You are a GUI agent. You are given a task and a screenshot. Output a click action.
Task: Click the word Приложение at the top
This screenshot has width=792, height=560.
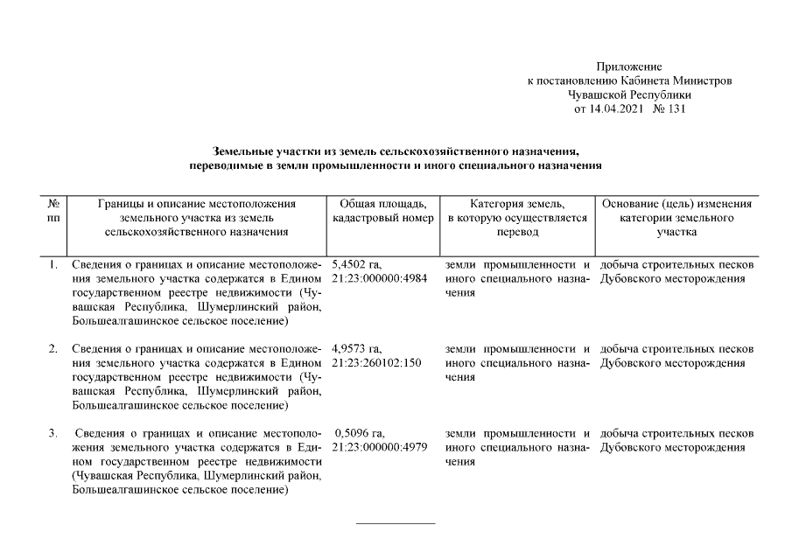coord(629,66)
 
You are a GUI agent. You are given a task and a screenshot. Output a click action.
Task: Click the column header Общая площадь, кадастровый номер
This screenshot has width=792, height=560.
coord(383,211)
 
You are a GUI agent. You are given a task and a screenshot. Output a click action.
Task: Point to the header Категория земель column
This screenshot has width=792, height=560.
coord(517,218)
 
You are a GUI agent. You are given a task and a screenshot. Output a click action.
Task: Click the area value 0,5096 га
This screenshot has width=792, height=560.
coord(360,433)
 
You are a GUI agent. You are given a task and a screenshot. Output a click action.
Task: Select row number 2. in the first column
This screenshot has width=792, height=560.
coord(53,349)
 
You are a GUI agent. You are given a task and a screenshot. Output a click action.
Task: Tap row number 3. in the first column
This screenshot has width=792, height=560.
coord(53,433)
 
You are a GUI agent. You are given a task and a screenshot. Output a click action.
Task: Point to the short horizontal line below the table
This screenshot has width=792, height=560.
coord(396,523)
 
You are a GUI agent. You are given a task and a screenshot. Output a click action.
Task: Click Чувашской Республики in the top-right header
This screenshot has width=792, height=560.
coord(629,95)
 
